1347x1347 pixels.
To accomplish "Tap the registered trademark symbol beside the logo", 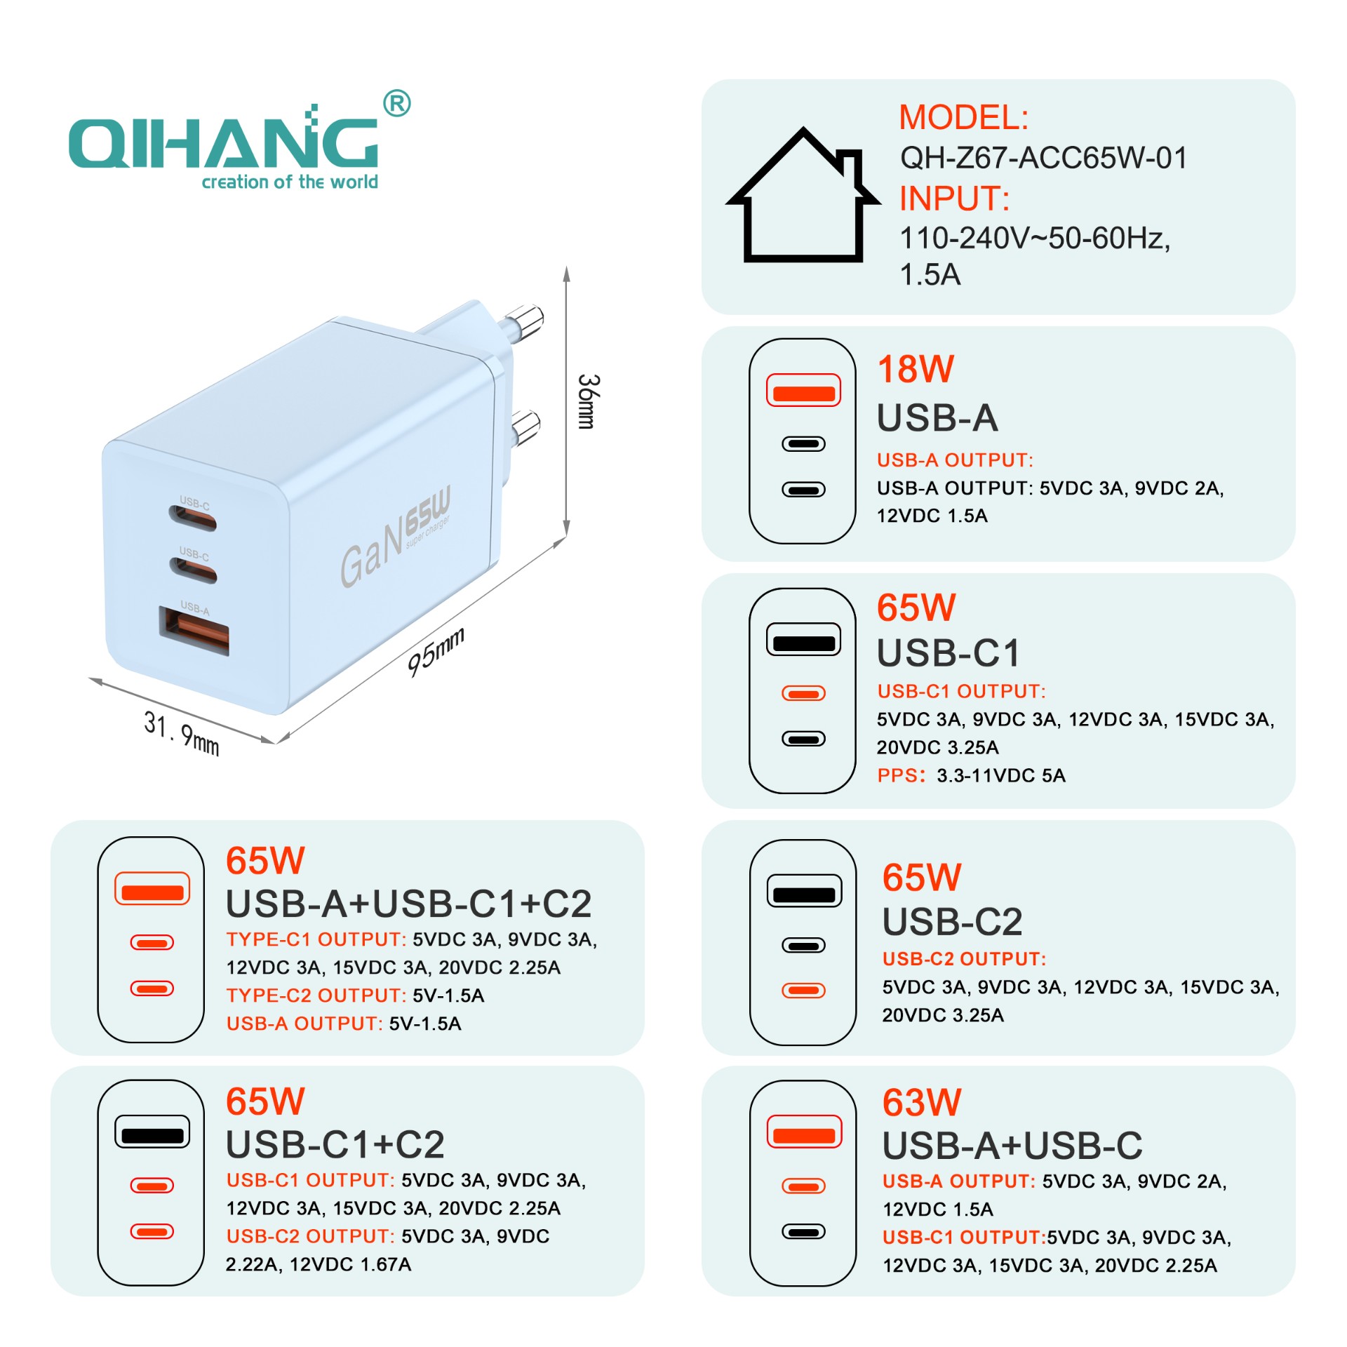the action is pyautogui.click(x=397, y=104).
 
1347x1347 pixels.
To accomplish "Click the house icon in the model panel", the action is pyautogui.click(x=803, y=195).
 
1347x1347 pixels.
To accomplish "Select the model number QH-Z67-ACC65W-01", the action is pyautogui.click(x=1043, y=158).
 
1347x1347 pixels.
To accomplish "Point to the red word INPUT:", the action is pyautogui.click(x=954, y=199).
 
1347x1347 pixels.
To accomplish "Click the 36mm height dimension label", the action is pyautogui.click(x=588, y=401).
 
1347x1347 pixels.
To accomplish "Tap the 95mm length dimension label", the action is pyautogui.click(x=436, y=652).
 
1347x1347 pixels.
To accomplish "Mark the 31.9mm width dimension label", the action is pyautogui.click(x=182, y=734).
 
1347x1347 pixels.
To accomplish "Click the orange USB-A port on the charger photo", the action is pyautogui.click(x=194, y=630).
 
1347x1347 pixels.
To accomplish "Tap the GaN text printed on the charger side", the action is pyautogui.click(x=372, y=554).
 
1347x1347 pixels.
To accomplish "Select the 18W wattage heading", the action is pyautogui.click(x=916, y=369).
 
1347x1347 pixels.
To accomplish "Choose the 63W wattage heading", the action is pyautogui.click(x=921, y=1103).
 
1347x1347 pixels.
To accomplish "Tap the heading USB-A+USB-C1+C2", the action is pyautogui.click(x=408, y=904).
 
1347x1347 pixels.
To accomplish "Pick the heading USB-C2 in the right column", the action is pyautogui.click(x=952, y=921).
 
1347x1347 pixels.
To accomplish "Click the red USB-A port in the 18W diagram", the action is pyautogui.click(x=803, y=391).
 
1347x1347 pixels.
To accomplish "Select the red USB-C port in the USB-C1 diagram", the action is pyautogui.click(x=804, y=694).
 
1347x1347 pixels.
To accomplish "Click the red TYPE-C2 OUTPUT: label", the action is pyautogui.click(x=316, y=996).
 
